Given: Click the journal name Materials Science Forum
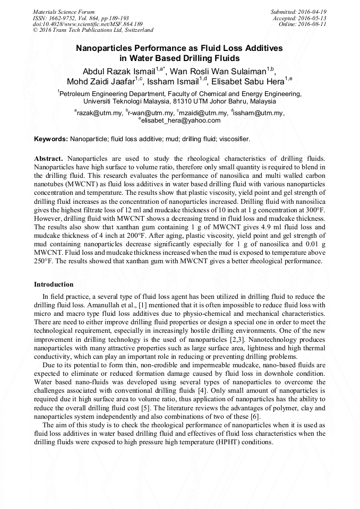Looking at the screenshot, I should [64, 12].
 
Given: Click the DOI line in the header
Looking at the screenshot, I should [88, 24].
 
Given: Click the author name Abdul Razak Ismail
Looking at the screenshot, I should [118, 71].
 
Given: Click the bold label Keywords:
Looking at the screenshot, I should [51, 139].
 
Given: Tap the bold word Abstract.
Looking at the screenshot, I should [48, 159].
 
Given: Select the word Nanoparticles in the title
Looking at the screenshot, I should [108, 48].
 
